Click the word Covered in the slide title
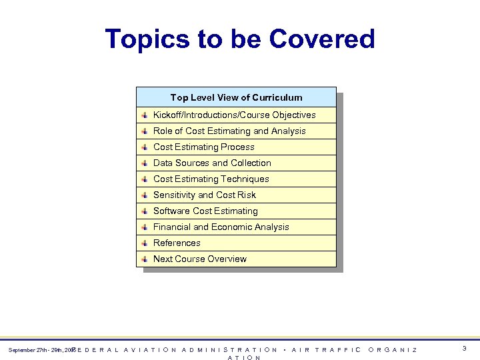tap(322, 39)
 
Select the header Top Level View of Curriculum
tap(236, 97)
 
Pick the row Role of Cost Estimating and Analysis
tap(229, 131)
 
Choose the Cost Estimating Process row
tap(204, 147)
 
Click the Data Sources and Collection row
tap(212, 163)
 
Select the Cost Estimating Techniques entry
tap(211, 179)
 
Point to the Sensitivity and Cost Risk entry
tap(205, 195)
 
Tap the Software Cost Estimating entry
tap(205, 211)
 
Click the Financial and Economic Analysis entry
tap(221, 227)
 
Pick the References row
tap(177, 243)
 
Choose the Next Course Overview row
tap(200, 259)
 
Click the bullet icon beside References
tap(145, 243)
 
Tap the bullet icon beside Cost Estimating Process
tap(145, 147)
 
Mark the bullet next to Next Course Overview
tap(145, 259)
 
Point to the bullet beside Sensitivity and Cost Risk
tap(145, 195)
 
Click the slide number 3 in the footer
tap(463, 349)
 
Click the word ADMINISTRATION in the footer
tap(230, 349)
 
